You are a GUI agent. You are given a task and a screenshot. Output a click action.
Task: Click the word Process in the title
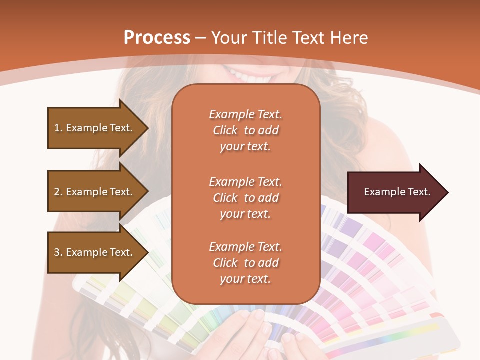pos(157,38)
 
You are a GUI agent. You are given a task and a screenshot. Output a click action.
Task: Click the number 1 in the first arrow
pos(57,128)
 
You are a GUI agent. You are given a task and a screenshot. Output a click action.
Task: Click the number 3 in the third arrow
pos(57,252)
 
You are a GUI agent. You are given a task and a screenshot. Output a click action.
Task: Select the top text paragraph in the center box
pos(245,130)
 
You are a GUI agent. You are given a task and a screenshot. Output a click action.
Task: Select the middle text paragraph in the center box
pos(245,197)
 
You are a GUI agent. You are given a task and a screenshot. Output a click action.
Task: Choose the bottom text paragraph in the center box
pos(245,262)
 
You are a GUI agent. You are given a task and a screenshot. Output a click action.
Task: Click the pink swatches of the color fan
pos(370,260)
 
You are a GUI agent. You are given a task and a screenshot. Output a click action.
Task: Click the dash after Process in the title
pos(201,38)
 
